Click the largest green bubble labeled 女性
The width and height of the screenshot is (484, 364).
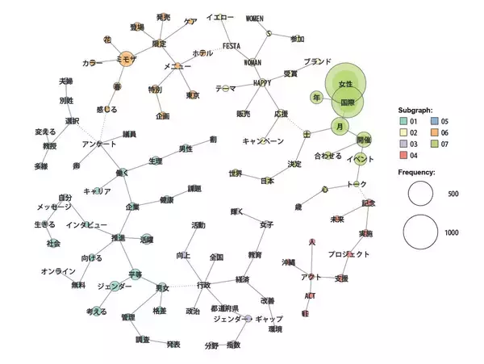point(346,84)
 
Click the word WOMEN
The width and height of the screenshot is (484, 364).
point(254,18)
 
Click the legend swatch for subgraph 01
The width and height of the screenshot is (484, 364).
point(403,121)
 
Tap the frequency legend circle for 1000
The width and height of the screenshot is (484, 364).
point(424,232)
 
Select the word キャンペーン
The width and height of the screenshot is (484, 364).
point(263,141)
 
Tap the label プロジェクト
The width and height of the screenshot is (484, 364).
point(348,254)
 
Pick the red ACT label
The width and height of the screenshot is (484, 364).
point(311,295)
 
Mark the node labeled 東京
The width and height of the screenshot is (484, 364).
point(193,95)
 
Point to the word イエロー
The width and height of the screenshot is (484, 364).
point(219,18)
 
